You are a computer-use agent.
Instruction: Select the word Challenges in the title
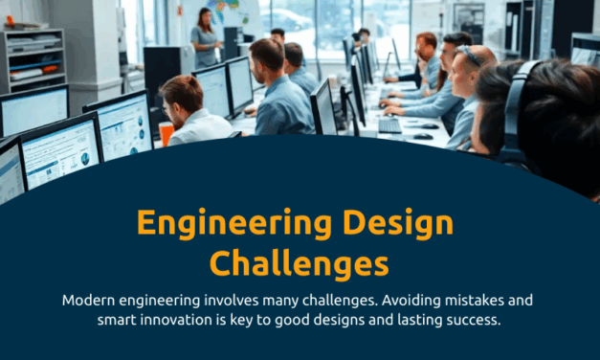(300, 261)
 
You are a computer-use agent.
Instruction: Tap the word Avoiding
(371, 301)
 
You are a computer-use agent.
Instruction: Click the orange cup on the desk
(167, 134)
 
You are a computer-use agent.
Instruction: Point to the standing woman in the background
(204, 38)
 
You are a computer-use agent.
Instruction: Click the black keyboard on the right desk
(389, 125)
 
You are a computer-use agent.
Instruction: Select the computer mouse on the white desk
(423, 137)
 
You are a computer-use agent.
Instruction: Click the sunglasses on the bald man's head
(468, 56)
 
